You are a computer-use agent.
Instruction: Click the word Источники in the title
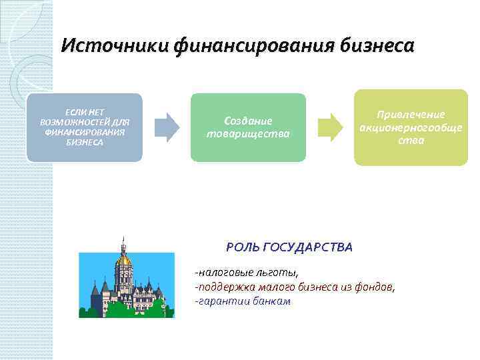tap(115, 46)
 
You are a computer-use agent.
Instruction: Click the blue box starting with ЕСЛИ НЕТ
tap(85, 127)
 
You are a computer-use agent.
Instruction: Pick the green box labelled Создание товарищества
tap(248, 127)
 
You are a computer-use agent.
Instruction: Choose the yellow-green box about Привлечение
tap(411, 127)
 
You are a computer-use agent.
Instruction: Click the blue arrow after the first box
tap(167, 127)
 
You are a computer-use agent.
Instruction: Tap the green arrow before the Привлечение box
tap(329, 127)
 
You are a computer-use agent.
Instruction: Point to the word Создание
tap(248, 121)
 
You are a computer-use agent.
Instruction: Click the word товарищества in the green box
tap(248, 133)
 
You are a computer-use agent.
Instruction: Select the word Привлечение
tap(411, 115)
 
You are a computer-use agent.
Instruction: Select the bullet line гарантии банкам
tap(243, 301)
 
